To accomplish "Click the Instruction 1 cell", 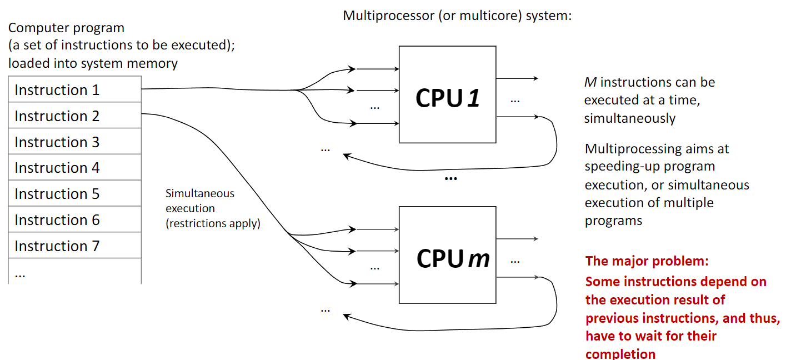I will (74, 90).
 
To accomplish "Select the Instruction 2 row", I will (74, 116).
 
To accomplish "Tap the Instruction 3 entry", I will (74, 142).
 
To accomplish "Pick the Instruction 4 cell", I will (74, 168).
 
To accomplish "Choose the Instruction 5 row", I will (74, 194).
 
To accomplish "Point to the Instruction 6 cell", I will (74, 220).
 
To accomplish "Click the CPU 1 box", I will (447, 95).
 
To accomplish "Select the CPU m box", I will (447, 255).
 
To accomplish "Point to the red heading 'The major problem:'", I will (647, 261).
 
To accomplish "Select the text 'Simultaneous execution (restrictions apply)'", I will (213, 209).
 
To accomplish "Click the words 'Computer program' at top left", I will (67, 28).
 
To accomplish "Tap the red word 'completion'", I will (620, 354).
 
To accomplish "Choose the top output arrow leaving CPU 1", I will (517, 78).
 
